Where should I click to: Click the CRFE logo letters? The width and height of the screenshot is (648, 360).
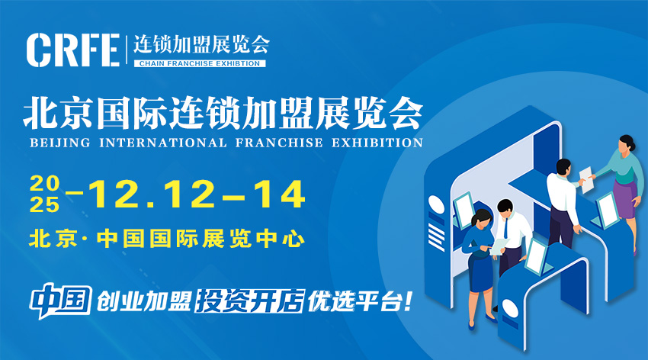[73, 50]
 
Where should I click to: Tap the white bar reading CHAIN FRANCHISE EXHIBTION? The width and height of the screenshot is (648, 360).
[200, 63]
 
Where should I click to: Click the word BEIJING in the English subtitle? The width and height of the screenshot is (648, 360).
[60, 143]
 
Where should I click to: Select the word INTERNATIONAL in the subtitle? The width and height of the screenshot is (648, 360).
[163, 143]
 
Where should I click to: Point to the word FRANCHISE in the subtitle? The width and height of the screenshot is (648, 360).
[279, 143]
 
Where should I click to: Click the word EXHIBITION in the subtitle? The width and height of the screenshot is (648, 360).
[377, 143]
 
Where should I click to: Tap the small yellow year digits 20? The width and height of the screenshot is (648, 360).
[45, 184]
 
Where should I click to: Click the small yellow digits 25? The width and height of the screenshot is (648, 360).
[45, 204]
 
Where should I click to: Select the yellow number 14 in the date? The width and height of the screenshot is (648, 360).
[280, 194]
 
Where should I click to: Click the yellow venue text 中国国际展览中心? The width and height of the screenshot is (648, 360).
[200, 239]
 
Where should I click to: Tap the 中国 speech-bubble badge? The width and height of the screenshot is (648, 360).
[61, 301]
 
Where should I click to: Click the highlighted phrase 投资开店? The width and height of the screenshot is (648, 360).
[250, 301]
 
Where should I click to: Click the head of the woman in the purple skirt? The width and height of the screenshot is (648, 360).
[626, 144]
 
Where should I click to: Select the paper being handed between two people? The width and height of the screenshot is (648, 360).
[586, 179]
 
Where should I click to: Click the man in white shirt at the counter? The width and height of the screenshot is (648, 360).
[562, 203]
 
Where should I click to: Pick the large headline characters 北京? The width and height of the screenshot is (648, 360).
[57, 113]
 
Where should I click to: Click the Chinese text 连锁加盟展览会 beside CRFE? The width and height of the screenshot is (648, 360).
[201, 44]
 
